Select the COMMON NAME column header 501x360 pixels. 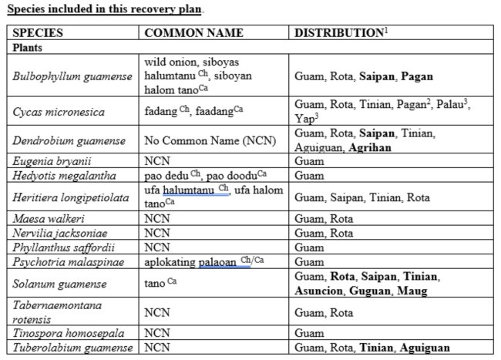tap(194, 33)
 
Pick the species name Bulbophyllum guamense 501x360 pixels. tap(71, 76)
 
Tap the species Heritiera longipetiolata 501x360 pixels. tap(73, 197)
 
